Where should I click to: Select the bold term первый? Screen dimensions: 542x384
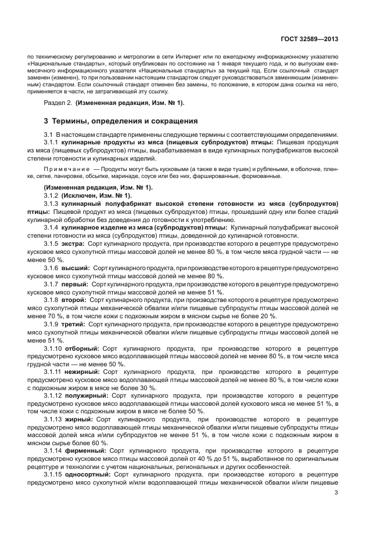click(76, 285)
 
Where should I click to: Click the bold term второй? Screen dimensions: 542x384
click(76, 300)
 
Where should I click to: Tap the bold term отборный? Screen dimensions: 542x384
click(83, 348)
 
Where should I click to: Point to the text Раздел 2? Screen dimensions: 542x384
click(58, 103)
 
